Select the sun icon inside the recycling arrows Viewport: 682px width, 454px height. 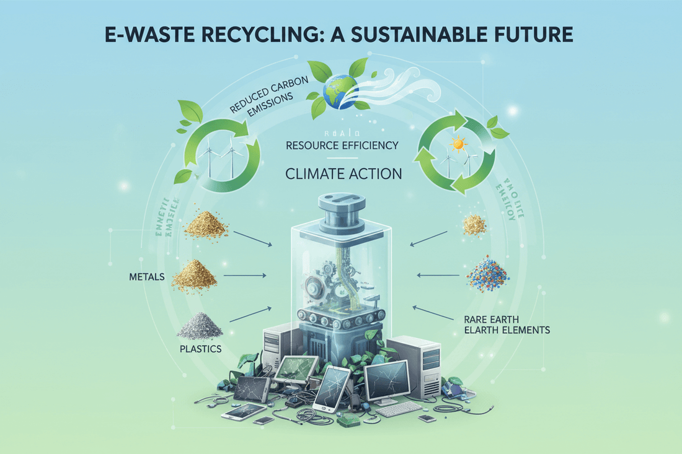tap(459, 144)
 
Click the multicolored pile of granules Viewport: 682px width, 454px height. tap(487, 275)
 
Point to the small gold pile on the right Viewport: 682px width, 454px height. tap(475, 224)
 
